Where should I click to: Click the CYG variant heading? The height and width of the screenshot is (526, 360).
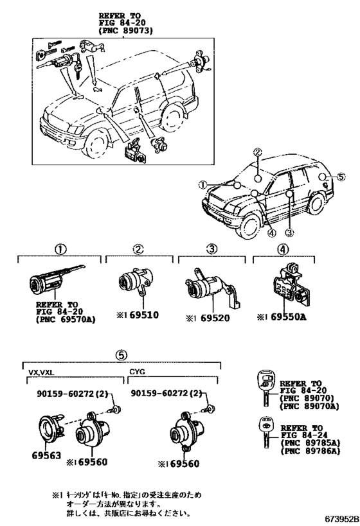[139, 371]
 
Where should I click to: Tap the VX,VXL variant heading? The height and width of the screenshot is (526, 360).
[42, 371]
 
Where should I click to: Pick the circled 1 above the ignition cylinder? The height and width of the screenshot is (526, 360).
[59, 249]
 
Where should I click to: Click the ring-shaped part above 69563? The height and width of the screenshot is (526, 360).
[47, 428]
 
